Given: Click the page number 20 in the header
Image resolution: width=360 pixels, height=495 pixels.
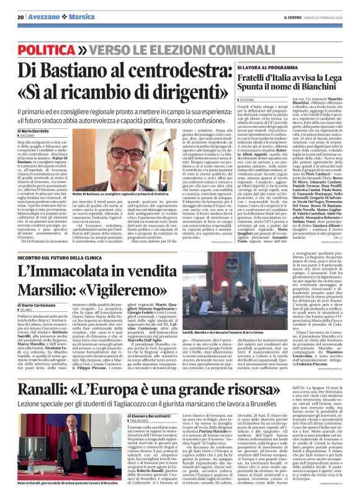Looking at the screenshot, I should click(x=20, y=17).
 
